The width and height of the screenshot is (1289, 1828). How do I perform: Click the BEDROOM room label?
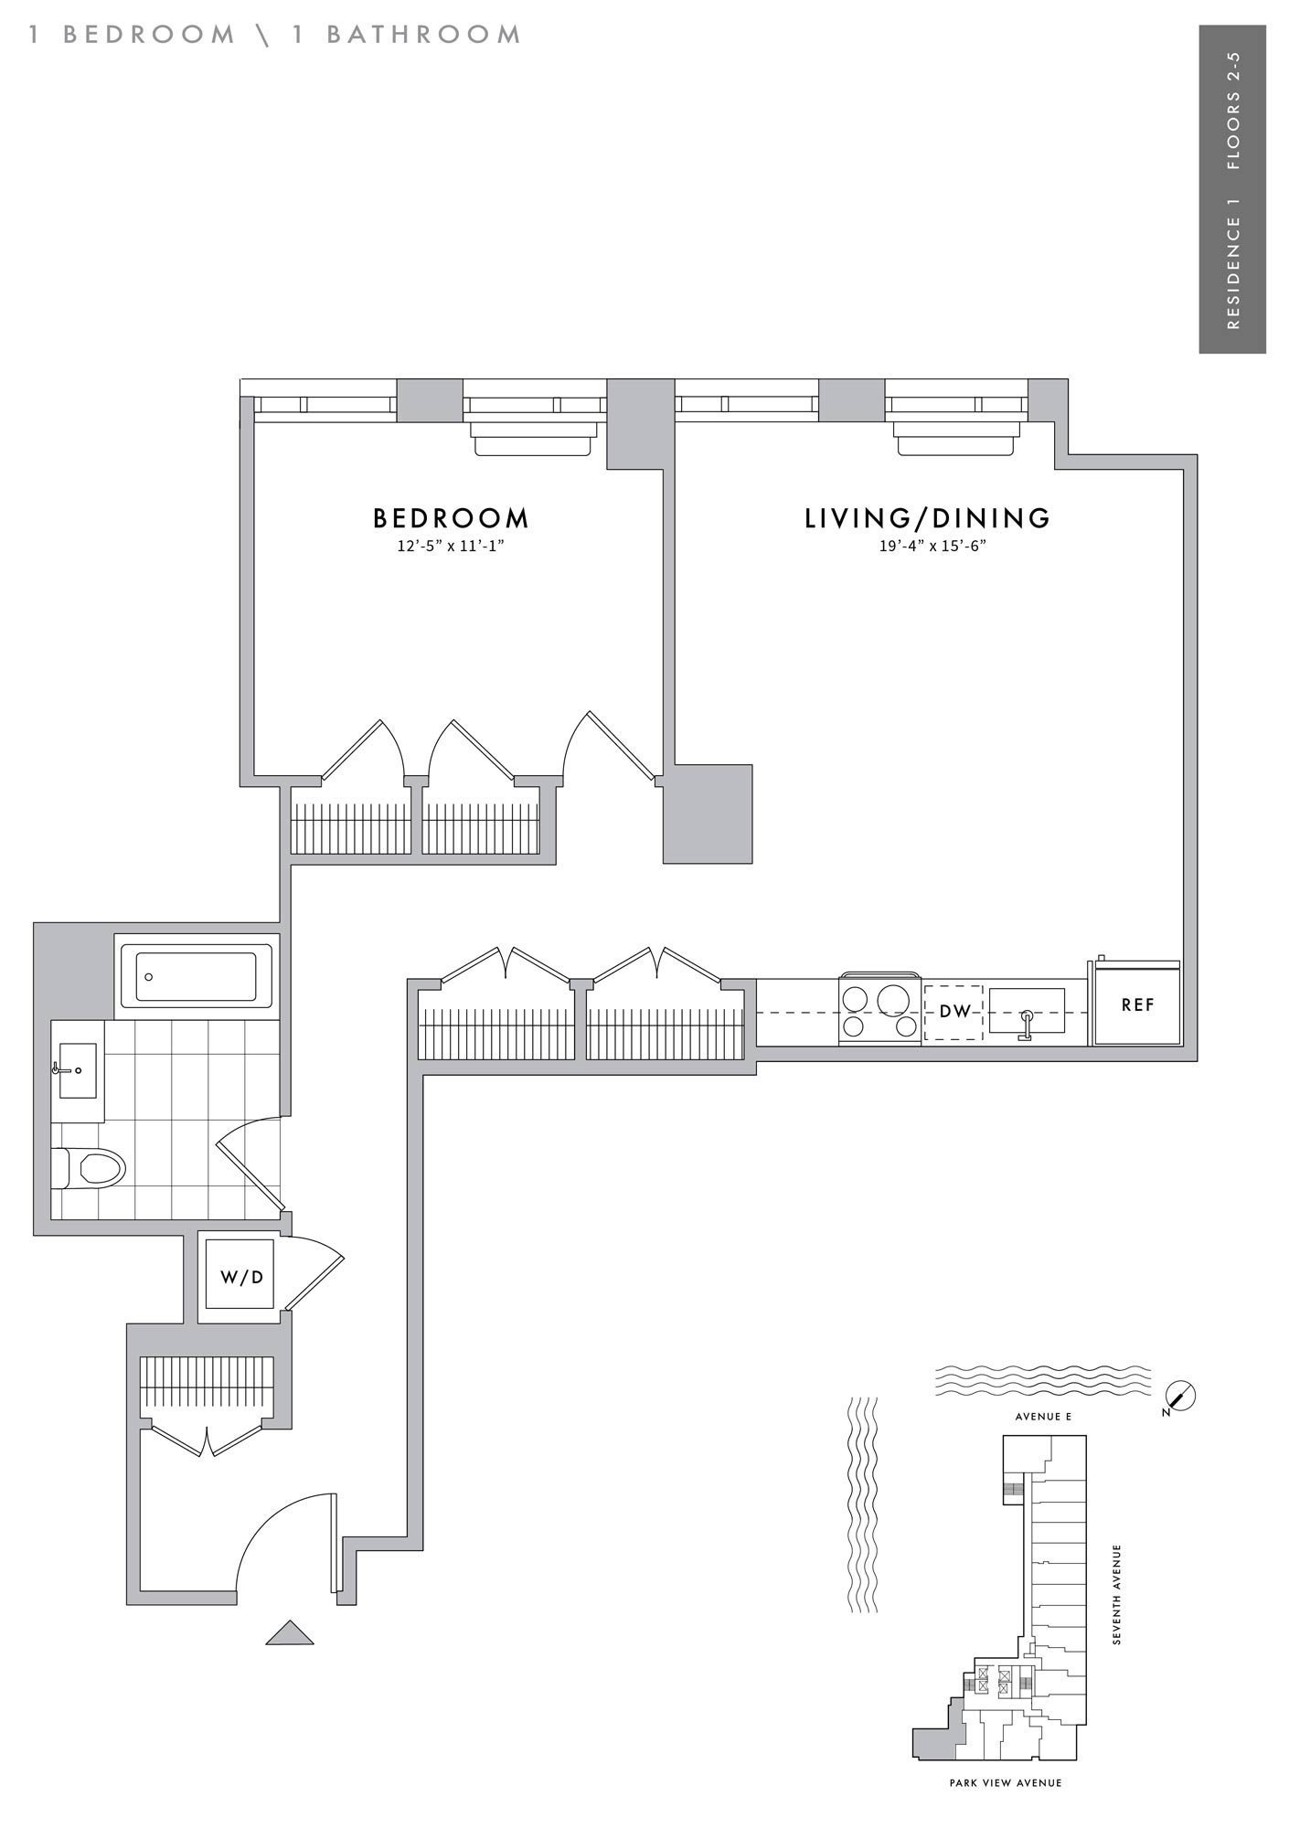[x=451, y=518]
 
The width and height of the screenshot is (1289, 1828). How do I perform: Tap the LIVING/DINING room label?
[x=928, y=518]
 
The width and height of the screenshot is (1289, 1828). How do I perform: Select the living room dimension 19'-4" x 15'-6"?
[x=927, y=547]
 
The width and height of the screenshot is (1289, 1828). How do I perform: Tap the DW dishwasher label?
[x=953, y=1012]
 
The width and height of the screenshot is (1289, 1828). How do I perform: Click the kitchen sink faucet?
[x=1027, y=1024]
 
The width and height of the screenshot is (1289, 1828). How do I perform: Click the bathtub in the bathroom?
[x=196, y=976]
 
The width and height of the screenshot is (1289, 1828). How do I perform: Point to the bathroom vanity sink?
[x=77, y=1069]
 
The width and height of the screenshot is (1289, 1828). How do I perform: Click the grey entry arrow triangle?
[x=290, y=1631]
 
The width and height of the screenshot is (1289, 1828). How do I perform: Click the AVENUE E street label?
[x=1043, y=1417]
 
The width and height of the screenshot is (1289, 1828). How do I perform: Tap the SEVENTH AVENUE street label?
[x=1116, y=1595]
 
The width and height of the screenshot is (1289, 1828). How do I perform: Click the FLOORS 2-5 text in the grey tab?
[x=1233, y=111]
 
